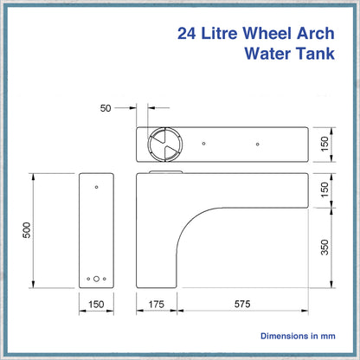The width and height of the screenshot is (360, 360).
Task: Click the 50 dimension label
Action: pos(106,108)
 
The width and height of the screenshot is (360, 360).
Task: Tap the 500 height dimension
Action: pos(27,230)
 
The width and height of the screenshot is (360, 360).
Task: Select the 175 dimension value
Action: pos(156,305)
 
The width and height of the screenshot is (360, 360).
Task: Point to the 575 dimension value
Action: pos(242,304)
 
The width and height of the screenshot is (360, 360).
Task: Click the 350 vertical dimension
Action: pos(325,247)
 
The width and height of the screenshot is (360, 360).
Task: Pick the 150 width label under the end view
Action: pos(96,305)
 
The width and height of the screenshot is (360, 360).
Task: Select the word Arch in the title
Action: pos(316,33)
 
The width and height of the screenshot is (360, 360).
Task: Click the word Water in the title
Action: pos(267,54)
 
